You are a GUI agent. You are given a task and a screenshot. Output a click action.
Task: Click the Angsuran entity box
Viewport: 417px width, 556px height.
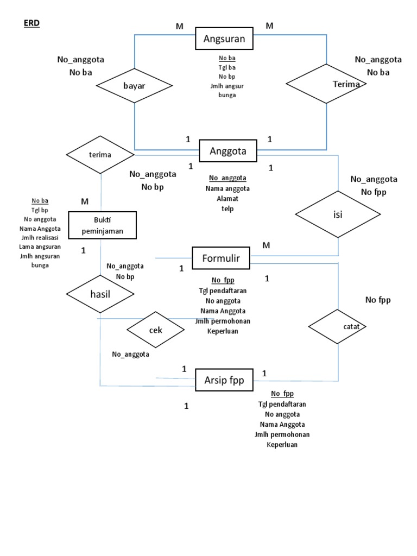point(224,39)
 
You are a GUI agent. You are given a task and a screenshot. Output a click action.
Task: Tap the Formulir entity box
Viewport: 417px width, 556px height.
point(220,257)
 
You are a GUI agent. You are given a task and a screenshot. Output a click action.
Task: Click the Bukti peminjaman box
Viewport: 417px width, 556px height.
point(102,225)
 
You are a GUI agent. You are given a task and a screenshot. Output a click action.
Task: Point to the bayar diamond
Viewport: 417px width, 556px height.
point(135,86)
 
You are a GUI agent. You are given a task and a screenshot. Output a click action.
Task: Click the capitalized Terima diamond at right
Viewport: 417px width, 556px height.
point(326,84)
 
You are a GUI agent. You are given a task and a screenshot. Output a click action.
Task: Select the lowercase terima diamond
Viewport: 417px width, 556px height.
point(100,155)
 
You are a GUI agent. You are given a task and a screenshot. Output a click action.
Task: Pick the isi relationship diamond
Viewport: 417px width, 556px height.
point(338,214)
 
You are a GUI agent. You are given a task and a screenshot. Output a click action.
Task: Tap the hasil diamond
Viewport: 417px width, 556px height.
point(100,294)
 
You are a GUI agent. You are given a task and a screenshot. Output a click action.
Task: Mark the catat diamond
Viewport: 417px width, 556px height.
point(338,326)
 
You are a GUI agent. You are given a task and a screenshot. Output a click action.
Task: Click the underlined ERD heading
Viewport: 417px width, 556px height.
point(32,24)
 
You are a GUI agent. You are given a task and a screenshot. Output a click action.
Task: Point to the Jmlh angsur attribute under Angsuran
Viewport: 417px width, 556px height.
point(227,86)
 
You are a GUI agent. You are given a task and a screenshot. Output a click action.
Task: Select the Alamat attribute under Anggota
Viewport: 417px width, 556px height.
point(228,199)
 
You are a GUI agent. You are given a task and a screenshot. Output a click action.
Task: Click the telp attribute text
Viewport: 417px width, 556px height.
point(228,208)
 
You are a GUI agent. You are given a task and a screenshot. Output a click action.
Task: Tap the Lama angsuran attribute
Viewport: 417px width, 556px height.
point(40,247)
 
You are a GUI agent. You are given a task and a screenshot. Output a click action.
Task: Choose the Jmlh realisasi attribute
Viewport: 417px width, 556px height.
point(40,238)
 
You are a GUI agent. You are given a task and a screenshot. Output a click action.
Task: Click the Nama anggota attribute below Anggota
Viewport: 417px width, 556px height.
point(228,189)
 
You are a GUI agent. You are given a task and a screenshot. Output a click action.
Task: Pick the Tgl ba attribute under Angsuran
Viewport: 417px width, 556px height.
point(227,67)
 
